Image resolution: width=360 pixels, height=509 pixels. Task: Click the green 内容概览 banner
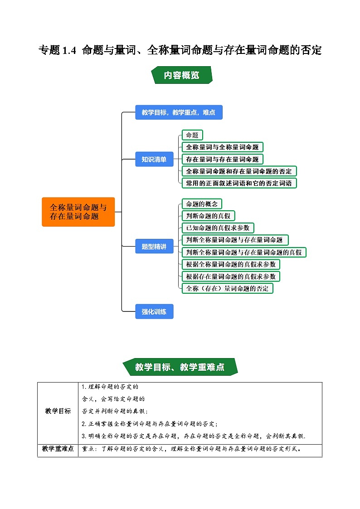pyautogui.click(x=181, y=75)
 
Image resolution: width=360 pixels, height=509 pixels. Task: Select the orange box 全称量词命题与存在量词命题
pyautogui.click(x=78, y=212)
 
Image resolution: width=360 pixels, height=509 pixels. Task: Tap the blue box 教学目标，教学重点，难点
pyautogui.click(x=179, y=112)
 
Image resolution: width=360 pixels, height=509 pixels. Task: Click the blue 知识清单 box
pyautogui.click(x=154, y=159)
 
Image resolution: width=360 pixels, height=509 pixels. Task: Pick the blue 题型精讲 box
pyautogui.click(x=154, y=247)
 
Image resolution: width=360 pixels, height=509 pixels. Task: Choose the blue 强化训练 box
pyautogui.click(x=154, y=311)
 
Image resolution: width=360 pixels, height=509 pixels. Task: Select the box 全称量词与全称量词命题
pyautogui.click(x=222, y=147)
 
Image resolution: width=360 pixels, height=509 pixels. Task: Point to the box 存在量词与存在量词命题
pyautogui.click(x=222, y=159)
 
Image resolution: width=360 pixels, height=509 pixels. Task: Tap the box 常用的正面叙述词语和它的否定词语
pyautogui.click(x=239, y=183)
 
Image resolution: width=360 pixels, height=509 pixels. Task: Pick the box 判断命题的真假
pyautogui.click(x=208, y=216)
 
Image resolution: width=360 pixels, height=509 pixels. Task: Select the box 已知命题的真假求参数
pyautogui.click(x=217, y=228)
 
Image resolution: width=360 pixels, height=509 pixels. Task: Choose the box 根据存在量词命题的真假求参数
pyautogui.click(x=230, y=276)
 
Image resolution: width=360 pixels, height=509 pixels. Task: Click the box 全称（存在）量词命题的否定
pyautogui.click(x=227, y=288)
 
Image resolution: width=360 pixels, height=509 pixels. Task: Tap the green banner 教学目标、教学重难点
pyautogui.click(x=180, y=367)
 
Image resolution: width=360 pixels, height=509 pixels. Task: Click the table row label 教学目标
pyautogui.click(x=58, y=411)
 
